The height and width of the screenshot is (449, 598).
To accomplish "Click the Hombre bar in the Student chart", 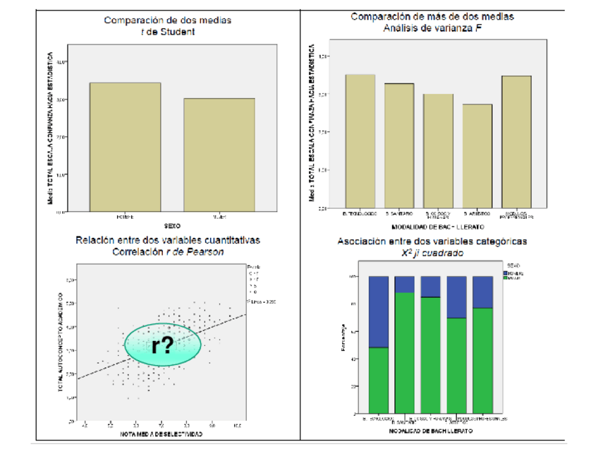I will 124,145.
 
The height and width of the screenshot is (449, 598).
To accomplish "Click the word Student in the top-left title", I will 176,31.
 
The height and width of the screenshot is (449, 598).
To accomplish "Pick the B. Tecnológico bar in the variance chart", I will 360,141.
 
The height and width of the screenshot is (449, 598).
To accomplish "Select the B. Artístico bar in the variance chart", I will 477,156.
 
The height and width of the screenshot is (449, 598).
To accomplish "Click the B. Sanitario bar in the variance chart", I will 399,145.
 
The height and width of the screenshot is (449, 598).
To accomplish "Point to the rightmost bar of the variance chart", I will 516,142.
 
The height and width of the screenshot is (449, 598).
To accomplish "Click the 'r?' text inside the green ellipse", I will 163,345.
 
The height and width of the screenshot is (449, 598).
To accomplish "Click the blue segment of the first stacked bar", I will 379,311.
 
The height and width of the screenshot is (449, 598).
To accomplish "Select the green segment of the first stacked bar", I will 379,380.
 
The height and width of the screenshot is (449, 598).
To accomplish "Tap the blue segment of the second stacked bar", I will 404,284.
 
